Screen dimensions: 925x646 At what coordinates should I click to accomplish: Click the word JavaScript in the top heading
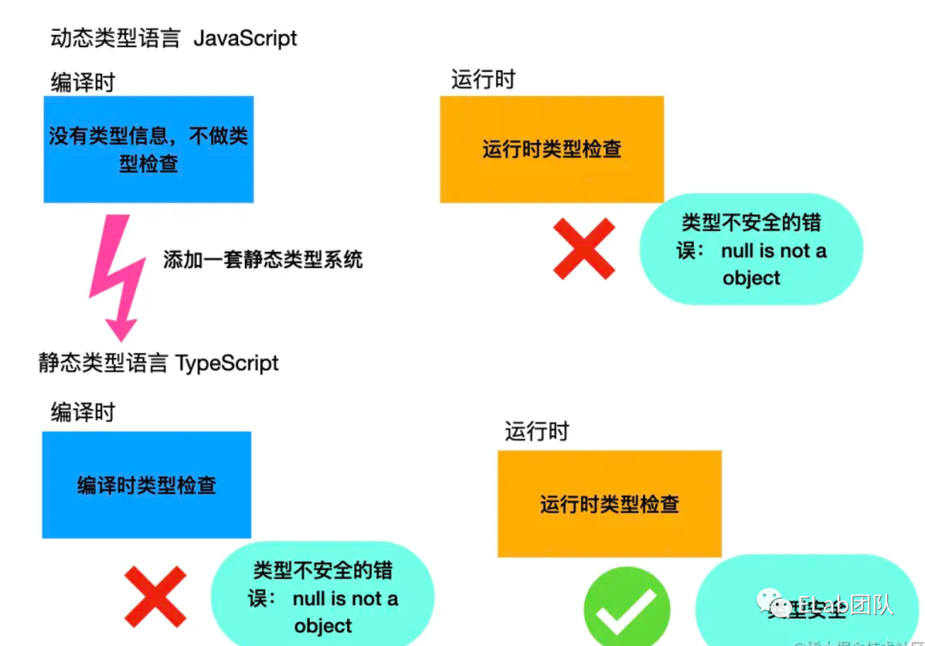click(246, 39)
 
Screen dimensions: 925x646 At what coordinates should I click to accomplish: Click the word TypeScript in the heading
click(227, 362)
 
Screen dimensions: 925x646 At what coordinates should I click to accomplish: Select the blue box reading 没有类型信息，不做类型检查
click(148, 149)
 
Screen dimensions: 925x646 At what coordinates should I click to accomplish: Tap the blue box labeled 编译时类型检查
click(146, 485)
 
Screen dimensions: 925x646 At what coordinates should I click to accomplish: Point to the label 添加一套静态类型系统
click(263, 259)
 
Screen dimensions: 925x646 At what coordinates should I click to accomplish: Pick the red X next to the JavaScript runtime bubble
click(584, 248)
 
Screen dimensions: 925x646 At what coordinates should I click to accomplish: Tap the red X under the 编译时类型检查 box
click(155, 596)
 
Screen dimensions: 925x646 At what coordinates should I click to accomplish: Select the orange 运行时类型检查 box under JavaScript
click(552, 149)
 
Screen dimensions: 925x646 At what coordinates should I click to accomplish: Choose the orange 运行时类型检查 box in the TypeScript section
click(609, 504)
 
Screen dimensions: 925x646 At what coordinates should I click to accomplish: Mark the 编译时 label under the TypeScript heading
click(82, 412)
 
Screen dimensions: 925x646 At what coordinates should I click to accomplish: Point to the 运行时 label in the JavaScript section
click(483, 80)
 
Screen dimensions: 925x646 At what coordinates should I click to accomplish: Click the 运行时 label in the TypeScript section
click(536, 431)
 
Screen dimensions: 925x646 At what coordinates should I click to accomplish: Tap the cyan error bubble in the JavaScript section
click(750, 249)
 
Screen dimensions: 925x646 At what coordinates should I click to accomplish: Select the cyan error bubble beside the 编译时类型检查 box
click(323, 597)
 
